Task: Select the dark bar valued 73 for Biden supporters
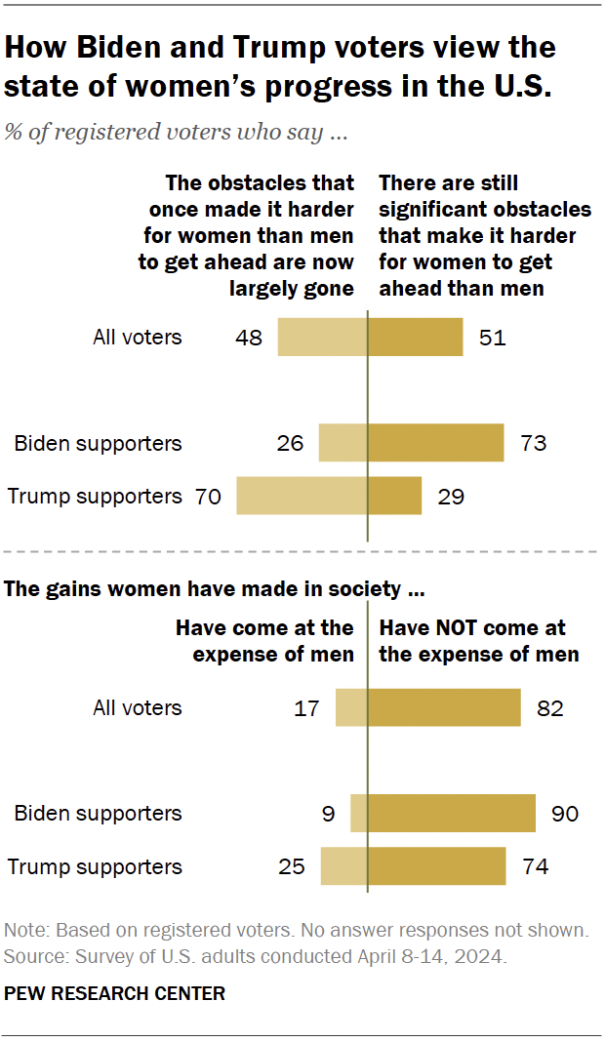point(435,443)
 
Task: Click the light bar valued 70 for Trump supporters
point(302,496)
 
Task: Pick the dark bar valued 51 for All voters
point(415,338)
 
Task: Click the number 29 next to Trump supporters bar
point(451,496)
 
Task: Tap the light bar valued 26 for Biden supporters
point(343,443)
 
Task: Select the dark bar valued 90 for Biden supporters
point(451,813)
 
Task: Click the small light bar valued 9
point(358,813)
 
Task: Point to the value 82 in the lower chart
point(549,707)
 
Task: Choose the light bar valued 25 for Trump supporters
point(343,866)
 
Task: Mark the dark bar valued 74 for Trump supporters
point(436,866)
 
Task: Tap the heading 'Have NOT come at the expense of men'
point(478,641)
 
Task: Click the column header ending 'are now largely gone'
point(251,235)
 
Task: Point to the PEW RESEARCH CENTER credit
point(115,994)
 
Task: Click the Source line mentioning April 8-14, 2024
point(256,957)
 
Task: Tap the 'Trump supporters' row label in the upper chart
point(95,496)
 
